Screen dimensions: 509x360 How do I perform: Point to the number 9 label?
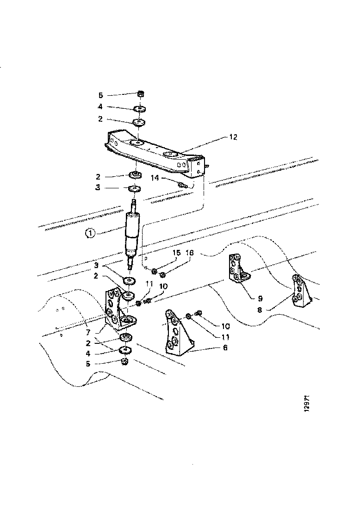[x=260, y=298]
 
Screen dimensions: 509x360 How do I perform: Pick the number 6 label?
[x=225, y=347]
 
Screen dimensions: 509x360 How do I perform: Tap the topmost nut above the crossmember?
[x=142, y=94]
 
